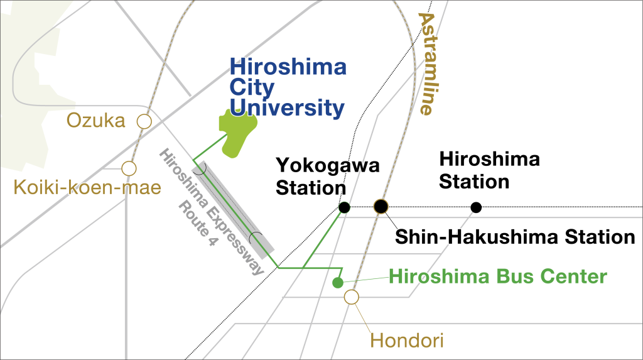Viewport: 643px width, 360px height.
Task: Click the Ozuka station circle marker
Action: click(145, 122)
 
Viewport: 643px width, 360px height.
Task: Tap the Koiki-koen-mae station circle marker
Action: click(129, 168)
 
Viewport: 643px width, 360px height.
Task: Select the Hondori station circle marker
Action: click(352, 297)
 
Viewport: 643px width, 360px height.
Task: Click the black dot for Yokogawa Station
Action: click(344, 207)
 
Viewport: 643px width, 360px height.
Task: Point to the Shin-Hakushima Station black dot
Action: click(381, 206)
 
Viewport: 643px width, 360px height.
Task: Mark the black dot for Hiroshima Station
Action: click(476, 207)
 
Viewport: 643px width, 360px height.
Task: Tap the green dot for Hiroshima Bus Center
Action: click(338, 282)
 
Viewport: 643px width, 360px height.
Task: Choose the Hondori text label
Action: click(407, 341)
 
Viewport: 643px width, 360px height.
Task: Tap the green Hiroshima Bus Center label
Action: click(499, 276)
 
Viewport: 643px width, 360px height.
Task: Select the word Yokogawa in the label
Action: click(328, 166)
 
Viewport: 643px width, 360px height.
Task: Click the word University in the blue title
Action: click(287, 107)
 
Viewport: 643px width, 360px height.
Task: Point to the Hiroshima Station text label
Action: click(489, 170)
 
